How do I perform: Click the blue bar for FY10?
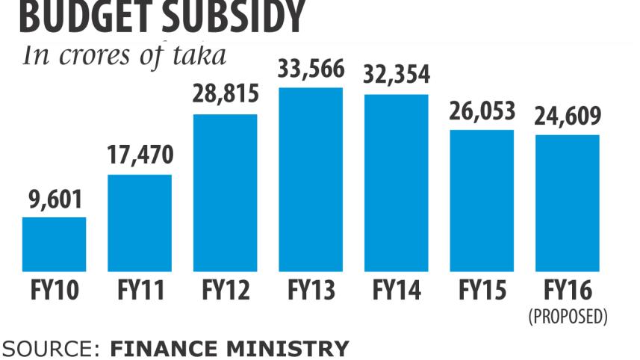coord(54,243)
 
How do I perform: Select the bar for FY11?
coord(140,223)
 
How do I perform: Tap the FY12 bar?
coord(225,192)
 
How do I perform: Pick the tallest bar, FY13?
coord(311,179)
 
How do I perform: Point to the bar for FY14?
coord(396,182)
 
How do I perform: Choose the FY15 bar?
coord(482,200)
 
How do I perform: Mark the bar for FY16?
coord(567,202)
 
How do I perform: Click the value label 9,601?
coord(54,200)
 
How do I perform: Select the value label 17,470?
coord(140,157)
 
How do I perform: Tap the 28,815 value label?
coord(225,96)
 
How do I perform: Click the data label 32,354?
coord(396,75)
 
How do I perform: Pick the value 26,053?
coord(482,112)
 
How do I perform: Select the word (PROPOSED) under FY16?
coord(567,316)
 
